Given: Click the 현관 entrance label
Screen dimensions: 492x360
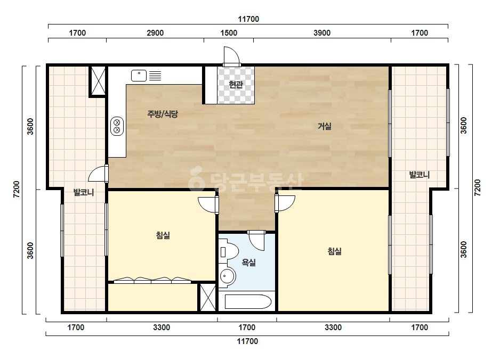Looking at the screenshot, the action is click(x=236, y=84).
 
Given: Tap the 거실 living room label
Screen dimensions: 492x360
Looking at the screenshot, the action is click(x=325, y=126).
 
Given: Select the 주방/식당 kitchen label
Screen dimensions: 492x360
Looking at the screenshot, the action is click(x=163, y=113).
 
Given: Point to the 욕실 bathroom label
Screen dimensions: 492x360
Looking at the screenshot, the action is click(x=248, y=262).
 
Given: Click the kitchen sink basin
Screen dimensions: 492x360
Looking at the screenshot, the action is click(x=139, y=76).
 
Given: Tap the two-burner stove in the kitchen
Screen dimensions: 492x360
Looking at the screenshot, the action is click(x=117, y=126).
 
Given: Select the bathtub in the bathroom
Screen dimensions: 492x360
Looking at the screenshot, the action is click(x=248, y=301).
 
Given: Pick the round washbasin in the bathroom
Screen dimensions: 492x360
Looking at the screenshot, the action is click(x=227, y=276).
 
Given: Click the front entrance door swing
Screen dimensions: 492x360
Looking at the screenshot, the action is click(x=231, y=56).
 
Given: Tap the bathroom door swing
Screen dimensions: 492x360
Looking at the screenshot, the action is click(x=257, y=240).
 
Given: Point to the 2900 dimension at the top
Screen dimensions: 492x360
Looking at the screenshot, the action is click(x=155, y=33).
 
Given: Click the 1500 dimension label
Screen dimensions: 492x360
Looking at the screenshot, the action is click(x=229, y=33).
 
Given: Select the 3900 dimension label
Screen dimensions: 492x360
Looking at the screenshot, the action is click(x=322, y=33).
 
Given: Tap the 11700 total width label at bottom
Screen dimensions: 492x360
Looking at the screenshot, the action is click(x=247, y=341).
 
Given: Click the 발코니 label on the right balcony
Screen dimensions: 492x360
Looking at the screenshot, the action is click(x=419, y=175).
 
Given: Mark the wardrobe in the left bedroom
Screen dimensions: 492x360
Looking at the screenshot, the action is click(x=152, y=280).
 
